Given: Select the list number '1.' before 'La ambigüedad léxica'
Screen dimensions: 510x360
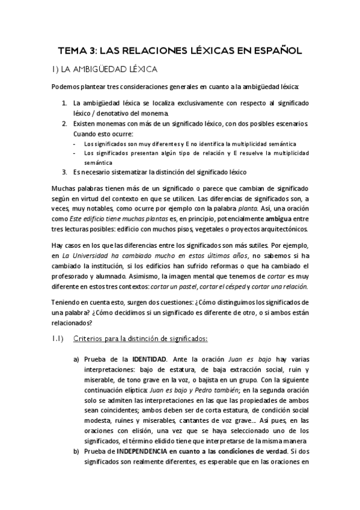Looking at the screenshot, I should click(x=65, y=103).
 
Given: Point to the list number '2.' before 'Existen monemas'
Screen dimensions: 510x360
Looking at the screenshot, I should click(x=65, y=123).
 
